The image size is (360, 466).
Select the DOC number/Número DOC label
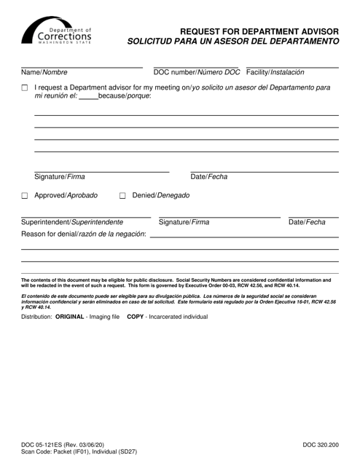click(x=196, y=72)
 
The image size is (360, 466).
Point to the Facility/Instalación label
click(x=275, y=72)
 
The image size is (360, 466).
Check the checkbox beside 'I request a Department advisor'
click(x=26, y=88)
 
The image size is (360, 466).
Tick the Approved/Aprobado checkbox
click(x=26, y=196)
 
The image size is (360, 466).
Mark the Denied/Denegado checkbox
click(x=122, y=196)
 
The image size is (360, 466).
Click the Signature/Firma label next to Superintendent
click(x=184, y=222)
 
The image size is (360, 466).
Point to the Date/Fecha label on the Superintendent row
click(x=307, y=222)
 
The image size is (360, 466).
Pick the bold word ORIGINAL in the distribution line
click(x=77, y=317)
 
